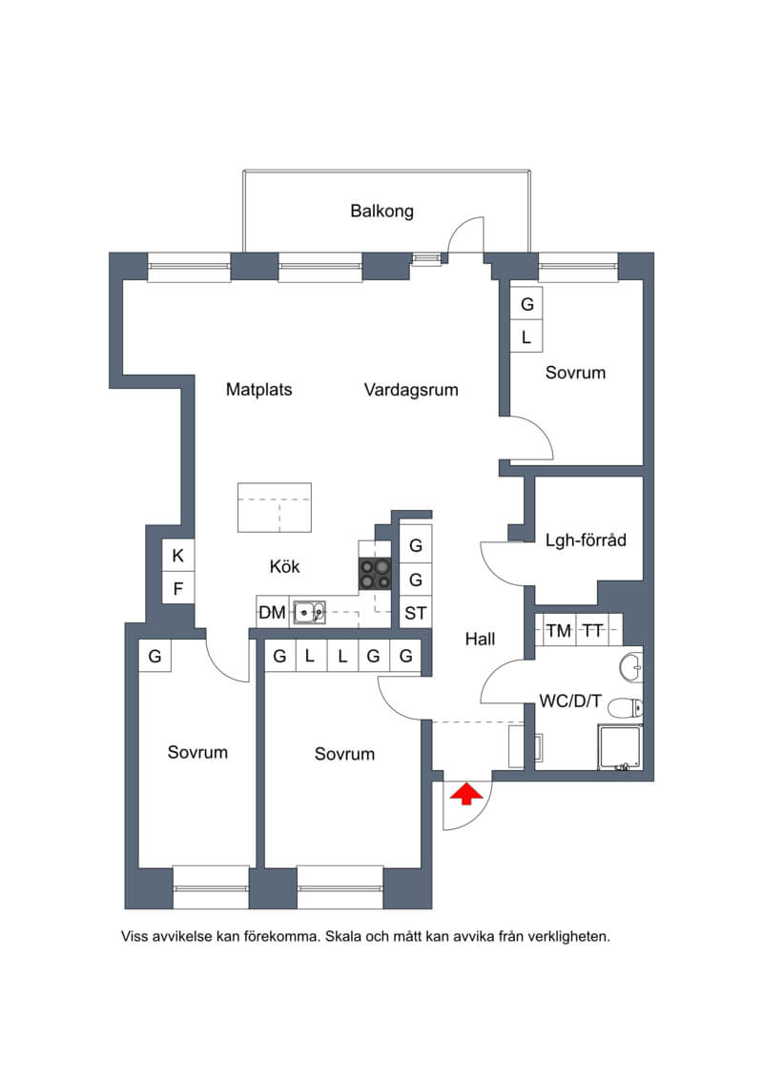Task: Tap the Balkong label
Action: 381,211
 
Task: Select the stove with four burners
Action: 375,574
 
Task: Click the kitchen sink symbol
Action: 310,612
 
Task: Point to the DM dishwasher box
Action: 273,612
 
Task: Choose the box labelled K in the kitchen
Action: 178,556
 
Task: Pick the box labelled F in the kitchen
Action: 178,588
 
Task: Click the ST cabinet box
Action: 416,613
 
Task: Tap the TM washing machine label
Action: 559,630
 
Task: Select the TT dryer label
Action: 592,630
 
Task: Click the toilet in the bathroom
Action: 626,707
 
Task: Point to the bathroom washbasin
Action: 630,667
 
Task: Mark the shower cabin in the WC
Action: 621,746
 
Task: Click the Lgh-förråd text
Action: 586,540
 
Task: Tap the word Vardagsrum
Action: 411,390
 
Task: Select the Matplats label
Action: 258,390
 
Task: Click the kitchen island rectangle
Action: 275,507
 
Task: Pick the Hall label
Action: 480,640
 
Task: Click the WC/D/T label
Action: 570,702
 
